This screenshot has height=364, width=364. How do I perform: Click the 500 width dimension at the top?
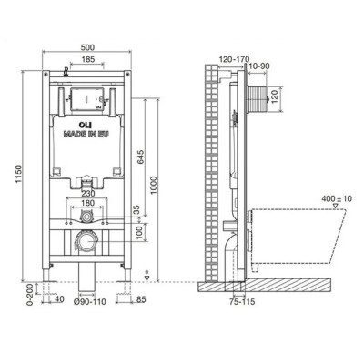[87, 47]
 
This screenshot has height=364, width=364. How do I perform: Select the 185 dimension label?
[87, 59]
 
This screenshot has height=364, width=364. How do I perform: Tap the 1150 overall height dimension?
[18, 177]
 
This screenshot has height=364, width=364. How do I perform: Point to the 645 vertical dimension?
[141, 157]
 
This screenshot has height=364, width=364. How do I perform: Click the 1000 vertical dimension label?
[154, 186]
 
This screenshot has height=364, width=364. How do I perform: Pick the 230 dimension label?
[87, 193]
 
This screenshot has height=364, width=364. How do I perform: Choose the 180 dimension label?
[87, 203]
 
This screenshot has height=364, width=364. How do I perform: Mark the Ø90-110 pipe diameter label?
[91, 302]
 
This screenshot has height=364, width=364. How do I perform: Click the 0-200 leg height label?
[30, 295]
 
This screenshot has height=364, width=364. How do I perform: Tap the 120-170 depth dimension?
[234, 59]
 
